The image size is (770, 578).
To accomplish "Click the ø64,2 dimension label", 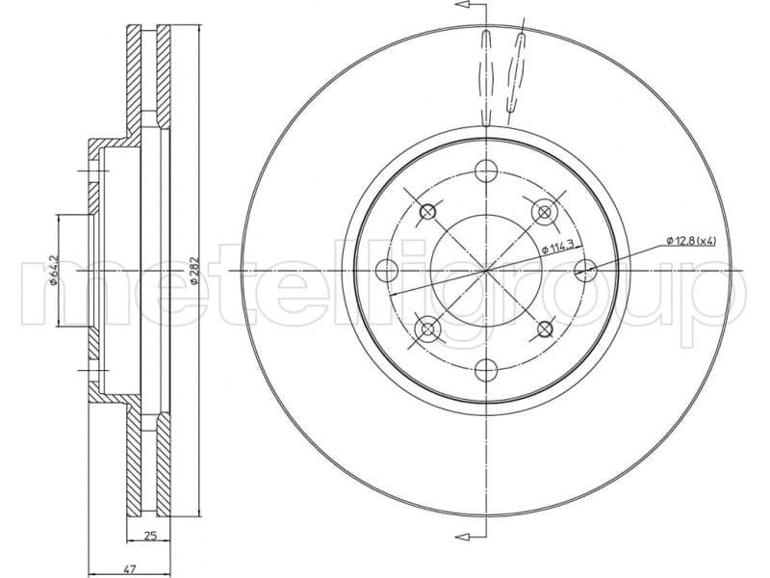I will point(55,271).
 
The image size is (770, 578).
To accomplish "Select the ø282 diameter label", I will point(193,271).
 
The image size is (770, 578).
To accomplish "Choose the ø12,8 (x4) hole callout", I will point(691,240).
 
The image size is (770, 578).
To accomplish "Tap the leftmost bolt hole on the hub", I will point(386,270).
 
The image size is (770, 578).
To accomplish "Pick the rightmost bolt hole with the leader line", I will point(584,271).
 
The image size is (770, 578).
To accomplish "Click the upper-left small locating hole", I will point(428,211).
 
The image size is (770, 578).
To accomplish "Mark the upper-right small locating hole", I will point(545,211).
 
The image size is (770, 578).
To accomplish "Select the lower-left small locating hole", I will point(428,330).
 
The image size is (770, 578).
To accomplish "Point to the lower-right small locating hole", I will point(545,330).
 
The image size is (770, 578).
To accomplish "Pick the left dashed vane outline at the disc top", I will point(487,77).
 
